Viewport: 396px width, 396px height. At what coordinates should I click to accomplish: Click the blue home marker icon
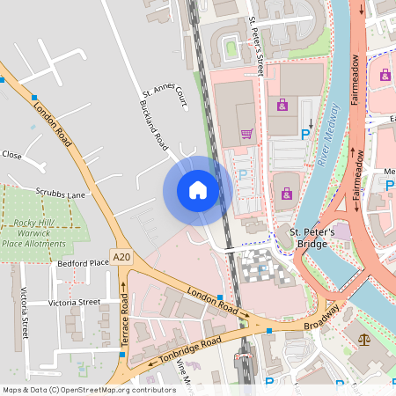click(198, 190)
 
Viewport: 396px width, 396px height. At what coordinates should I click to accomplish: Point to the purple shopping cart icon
click(247, 135)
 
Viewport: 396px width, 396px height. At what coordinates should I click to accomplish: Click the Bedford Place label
click(82, 263)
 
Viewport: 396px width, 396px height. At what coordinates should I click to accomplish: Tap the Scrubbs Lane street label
click(61, 194)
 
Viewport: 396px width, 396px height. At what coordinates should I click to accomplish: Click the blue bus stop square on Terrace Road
click(121, 354)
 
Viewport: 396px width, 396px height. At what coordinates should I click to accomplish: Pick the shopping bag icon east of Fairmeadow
click(385, 76)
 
